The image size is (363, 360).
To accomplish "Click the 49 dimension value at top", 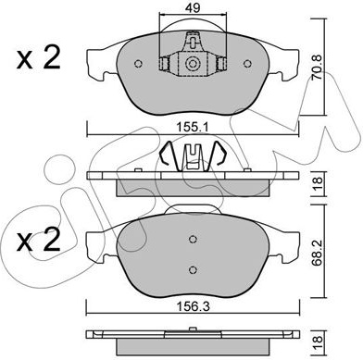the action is coord(194,7).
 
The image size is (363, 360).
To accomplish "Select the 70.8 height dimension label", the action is coord(317,67).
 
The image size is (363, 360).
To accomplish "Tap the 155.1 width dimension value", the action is coord(193,127).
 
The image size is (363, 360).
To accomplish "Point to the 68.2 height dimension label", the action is coord(317,250).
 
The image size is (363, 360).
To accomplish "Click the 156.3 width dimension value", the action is coord(193,306).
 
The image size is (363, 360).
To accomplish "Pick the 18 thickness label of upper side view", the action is coord(318,184).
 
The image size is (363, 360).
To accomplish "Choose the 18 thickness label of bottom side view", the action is coord(318,341).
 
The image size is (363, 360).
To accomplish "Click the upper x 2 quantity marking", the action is coord(38,58).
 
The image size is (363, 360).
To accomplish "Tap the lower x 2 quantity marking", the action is coord(38,241).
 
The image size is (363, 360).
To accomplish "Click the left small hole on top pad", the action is coord(139,64).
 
